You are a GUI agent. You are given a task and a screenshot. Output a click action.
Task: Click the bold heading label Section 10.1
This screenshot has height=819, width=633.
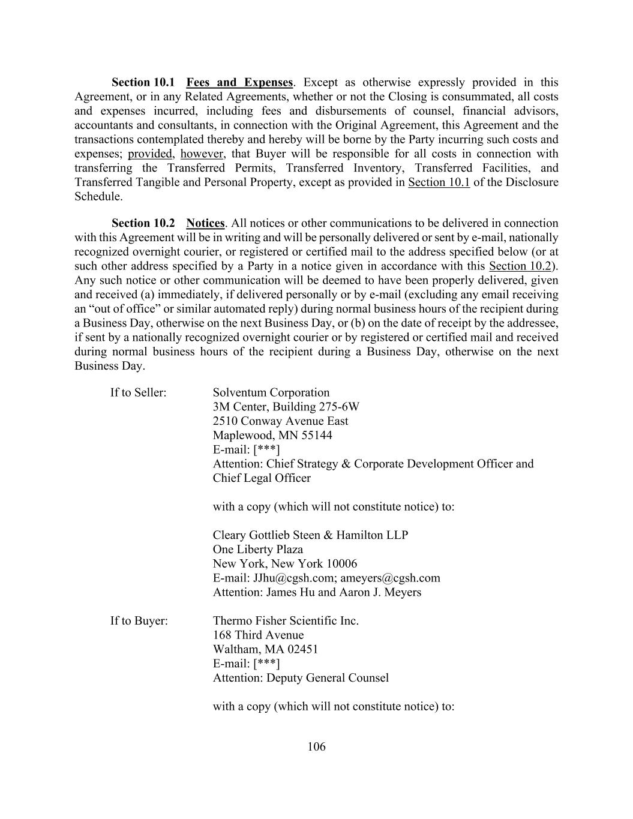click(x=143, y=82)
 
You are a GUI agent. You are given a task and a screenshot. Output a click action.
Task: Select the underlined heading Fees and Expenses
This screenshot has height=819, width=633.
click(x=239, y=82)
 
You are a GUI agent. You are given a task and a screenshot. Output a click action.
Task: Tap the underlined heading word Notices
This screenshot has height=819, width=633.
click(x=205, y=223)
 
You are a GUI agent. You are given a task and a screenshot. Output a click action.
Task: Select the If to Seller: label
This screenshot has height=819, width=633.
click(x=138, y=392)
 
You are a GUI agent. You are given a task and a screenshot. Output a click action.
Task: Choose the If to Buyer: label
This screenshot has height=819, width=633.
click(x=139, y=620)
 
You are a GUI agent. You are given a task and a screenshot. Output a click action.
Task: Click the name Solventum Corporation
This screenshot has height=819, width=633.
click(x=271, y=392)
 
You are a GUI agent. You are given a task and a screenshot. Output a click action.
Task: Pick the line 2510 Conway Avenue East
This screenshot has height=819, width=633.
click(x=280, y=421)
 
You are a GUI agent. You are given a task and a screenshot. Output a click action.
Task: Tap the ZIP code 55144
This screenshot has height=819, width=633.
click(x=316, y=436)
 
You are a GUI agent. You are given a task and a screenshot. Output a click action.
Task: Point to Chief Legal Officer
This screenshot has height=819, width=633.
click(x=262, y=478)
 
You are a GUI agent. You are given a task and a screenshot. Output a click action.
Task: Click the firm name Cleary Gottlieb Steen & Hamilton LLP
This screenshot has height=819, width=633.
click(x=310, y=535)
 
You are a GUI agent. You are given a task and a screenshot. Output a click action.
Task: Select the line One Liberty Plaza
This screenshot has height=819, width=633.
click(x=258, y=550)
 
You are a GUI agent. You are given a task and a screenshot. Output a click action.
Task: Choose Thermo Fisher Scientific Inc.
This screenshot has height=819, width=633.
click(x=286, y=620)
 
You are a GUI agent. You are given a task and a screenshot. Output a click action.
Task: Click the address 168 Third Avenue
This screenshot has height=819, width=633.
click(x=258, y=635)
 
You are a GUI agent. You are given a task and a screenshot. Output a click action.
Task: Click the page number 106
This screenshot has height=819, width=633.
click(x=316, y=747)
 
